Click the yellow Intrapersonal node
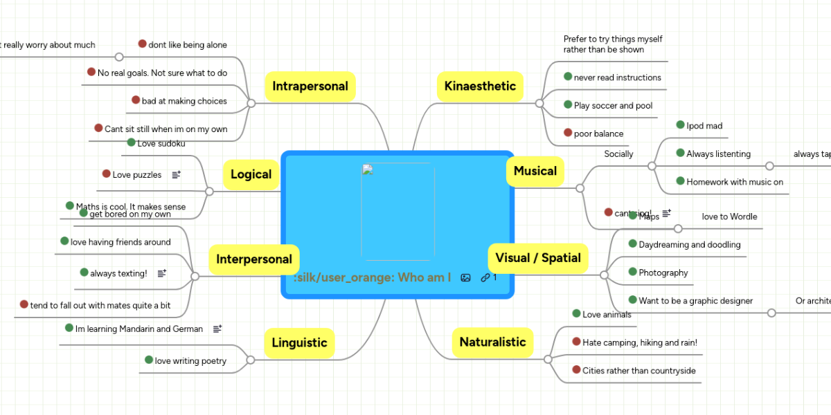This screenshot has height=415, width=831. pos(310,86)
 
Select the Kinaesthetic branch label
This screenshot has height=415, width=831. pos(480,86)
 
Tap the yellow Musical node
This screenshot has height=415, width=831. pos(535,171)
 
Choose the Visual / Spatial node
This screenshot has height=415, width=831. pos(538,258)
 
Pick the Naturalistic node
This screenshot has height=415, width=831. pos(492,342)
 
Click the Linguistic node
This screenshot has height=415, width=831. pos(299,342)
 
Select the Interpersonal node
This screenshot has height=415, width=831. pos(253,259)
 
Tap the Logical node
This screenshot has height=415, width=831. pos(251,174)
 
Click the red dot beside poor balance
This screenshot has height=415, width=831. pos(568,133)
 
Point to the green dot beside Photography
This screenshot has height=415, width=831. pos(632,272)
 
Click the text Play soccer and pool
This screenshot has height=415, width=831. pos(613,106)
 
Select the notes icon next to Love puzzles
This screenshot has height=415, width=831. pos(176,175)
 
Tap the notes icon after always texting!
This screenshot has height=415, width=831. pos(162,273)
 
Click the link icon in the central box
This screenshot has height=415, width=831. pos(485,277)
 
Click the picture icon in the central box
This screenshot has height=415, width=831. pos(465,277)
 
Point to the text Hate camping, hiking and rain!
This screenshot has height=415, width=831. pos(639,342)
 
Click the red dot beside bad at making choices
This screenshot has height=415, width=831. pos(136,100)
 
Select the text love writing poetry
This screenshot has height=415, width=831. pos(190,360)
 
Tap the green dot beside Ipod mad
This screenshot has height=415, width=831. pos(680,125)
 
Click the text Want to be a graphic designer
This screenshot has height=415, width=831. pos(695,300)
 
